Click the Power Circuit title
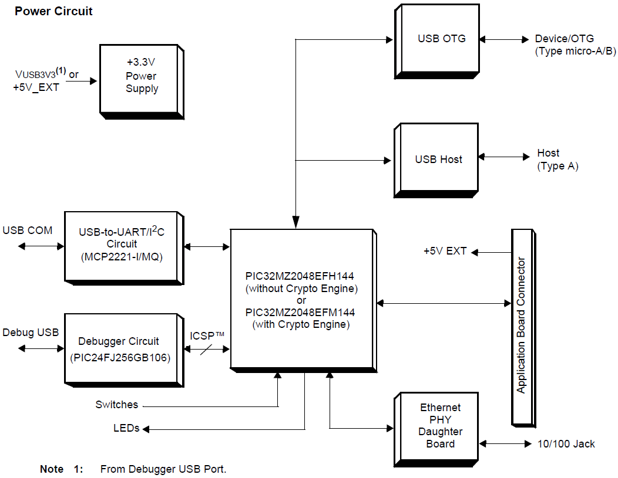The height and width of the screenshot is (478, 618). click(53, 11)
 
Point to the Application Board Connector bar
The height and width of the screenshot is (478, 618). click(521, 326)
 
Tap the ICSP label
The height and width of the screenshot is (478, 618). click(207, 336)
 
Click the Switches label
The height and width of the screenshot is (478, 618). click(116, 405)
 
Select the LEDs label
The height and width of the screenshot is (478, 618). click(126, 428)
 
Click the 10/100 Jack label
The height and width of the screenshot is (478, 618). click(566, 444)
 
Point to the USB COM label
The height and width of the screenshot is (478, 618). click(27, 230)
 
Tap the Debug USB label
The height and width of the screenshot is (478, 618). click(31, 333)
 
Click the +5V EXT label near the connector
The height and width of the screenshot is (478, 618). click(445, 251)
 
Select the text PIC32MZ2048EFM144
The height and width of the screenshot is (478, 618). click(301, 313)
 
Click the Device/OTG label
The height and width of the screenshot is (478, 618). click(564, 39)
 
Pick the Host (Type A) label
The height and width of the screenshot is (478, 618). click(557, 160)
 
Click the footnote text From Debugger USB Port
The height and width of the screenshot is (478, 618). click(163, 469)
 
